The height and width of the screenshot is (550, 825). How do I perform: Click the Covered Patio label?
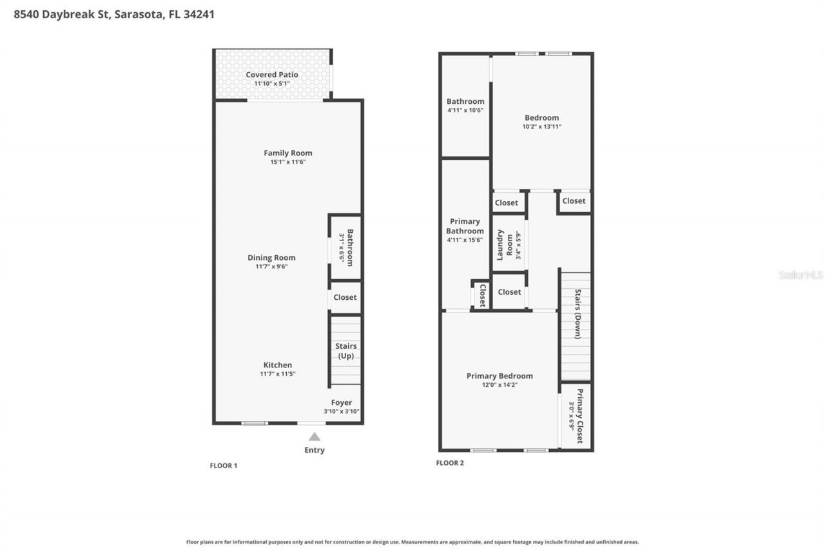point(271,75)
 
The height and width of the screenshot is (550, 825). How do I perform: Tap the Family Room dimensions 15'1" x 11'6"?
point(287,162)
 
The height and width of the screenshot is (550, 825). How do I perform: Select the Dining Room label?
point(271,258)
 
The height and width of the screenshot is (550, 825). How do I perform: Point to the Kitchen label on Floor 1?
point(277,365)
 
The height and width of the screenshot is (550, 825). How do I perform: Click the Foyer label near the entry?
point(342,403)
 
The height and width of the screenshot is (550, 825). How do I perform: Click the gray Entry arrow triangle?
point(315,437)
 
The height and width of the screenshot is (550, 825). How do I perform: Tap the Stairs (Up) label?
point(345,351)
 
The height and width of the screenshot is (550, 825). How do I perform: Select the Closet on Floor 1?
point(345,297)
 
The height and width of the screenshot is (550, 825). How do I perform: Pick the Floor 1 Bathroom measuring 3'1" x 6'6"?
point(346,247)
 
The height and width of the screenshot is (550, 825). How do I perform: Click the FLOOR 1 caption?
point(224,466)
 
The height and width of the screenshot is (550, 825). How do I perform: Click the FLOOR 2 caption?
point(450,463)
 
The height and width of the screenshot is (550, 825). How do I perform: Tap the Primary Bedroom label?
point(500,376)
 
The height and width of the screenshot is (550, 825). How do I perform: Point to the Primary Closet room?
point(576,416)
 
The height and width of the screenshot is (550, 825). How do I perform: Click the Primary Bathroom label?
point(465,226)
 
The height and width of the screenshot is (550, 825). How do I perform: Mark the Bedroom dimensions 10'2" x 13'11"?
point(541,127)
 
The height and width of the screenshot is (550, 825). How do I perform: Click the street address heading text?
point(114,14)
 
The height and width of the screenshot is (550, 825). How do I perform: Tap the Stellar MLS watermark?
point(801,275)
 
